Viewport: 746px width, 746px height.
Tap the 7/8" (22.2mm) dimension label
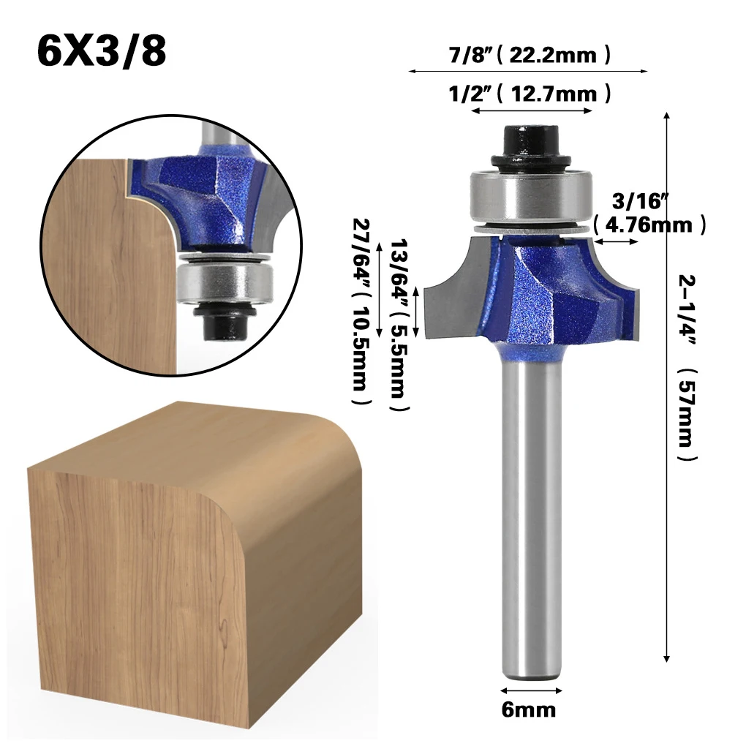529,54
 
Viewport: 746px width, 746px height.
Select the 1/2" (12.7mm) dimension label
530,93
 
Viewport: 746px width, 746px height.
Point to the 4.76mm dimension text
650,225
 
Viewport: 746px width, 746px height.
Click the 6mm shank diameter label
529,710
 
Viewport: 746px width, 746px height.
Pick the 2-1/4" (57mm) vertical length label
687,367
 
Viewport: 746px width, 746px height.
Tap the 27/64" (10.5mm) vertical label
361,312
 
